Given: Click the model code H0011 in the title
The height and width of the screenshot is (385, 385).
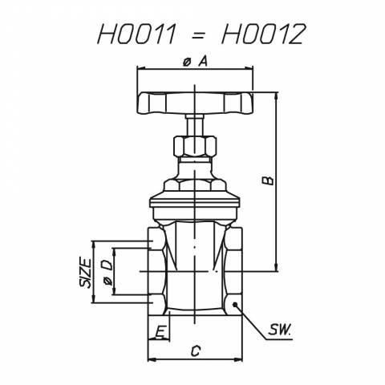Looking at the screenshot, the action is point(136,34).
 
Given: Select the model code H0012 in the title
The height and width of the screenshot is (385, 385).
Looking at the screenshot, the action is point(263,34).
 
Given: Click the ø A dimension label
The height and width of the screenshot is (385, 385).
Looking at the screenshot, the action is point(195,62).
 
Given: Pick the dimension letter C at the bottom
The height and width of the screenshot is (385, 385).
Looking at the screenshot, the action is point(196,351).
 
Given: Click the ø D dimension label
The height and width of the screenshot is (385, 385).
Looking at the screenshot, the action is point(107,272).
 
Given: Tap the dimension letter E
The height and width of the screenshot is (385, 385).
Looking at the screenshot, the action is point(160,332).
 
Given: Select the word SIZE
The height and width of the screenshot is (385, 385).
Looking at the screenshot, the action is point(86,273).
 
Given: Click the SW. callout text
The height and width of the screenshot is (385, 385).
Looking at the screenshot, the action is point(279,330).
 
